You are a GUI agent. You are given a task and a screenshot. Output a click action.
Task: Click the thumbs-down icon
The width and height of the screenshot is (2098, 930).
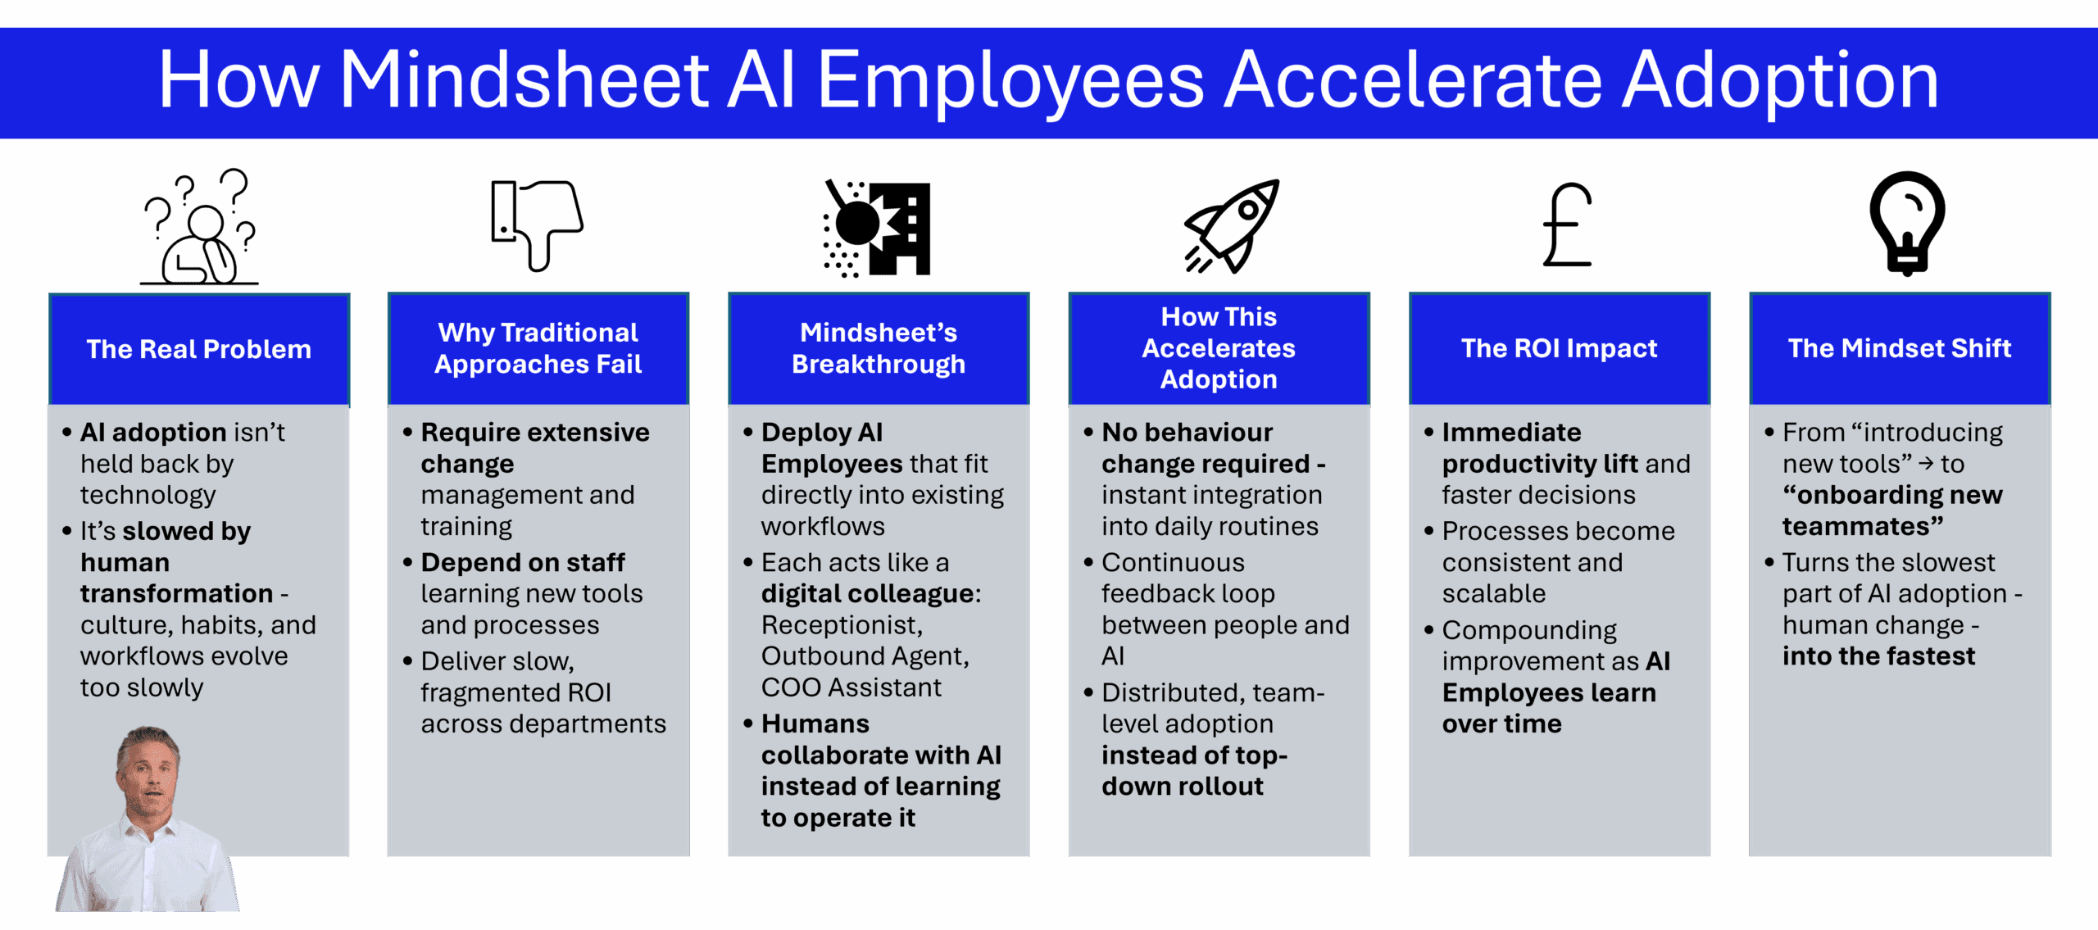(538, 225)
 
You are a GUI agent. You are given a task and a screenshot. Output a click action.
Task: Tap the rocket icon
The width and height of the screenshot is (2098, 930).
(1232, 226)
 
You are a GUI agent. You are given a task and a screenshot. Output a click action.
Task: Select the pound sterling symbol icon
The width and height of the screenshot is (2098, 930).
(1568, 225)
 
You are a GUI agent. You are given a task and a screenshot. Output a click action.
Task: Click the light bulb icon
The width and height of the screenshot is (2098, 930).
(1907, 223)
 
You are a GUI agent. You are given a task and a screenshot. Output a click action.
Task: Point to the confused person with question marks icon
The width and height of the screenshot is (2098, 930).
(199, 227)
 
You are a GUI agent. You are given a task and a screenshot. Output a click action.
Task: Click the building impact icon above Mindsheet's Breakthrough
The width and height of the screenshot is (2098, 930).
(877, 228)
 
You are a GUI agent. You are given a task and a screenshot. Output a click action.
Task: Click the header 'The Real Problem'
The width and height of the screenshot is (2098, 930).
(199, 349)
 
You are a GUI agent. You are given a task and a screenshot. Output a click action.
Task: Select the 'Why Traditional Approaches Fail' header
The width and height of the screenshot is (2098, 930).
(538, 348)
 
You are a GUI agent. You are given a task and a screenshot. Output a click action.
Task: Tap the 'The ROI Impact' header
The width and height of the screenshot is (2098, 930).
(1560, 348)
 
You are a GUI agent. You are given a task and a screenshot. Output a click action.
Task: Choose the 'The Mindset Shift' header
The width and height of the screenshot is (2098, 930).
(1900, 348)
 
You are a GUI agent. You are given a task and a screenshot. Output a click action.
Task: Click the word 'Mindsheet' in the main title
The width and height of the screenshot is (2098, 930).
(524, 79)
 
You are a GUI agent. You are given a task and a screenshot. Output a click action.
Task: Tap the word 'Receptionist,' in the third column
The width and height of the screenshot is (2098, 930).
(842, 625)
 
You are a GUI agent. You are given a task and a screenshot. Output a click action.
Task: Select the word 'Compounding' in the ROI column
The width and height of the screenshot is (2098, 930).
(1529, 631)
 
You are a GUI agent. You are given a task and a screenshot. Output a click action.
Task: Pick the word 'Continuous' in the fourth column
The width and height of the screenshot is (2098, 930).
(1173, 563)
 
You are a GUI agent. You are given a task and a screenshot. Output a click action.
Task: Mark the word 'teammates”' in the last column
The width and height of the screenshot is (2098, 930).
(1863, 526)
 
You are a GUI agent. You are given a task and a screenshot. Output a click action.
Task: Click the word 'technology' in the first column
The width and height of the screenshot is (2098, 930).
(148, 496)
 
